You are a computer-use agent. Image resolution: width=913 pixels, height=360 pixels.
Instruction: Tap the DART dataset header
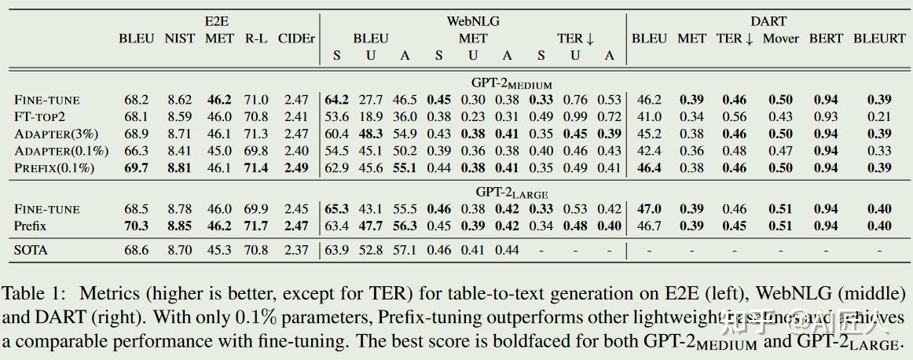(x=768, y=22)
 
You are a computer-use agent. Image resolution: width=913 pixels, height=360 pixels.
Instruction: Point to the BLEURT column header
(x=879, y=39)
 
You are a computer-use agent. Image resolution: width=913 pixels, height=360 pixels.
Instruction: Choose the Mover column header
(x=780, y=39)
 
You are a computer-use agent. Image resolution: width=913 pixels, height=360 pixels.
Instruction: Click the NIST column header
(x=180, y=39)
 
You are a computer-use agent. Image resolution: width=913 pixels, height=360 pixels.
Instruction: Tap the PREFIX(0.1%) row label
(x=54, y=167)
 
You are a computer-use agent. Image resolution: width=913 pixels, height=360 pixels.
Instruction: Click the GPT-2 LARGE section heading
(x=511, y=193)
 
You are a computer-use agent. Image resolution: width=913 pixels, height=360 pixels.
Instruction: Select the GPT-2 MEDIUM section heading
(x=511, y=83)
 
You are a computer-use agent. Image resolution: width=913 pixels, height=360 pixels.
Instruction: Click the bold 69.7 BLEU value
(x=136, y=167)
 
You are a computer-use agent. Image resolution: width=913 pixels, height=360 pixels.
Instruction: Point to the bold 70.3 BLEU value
(x=136, y=226)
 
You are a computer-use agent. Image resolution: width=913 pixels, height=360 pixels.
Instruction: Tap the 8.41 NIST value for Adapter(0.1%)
(x=179, y=150)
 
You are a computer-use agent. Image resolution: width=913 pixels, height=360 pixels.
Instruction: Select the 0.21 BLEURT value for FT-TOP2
(x=879, y=116)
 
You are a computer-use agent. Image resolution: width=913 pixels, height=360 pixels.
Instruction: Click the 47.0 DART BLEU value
(x=649, y=209)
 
